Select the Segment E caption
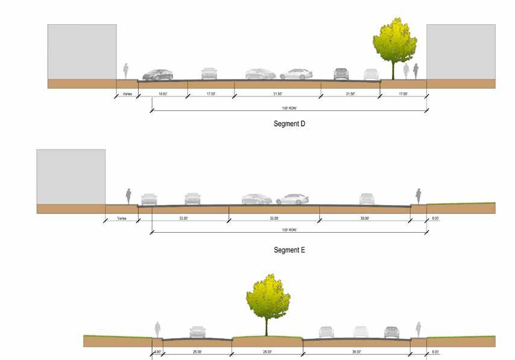click(289, 249)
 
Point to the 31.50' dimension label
click(277, 94)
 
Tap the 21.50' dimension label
click(350, 94)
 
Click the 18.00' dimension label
click(163, 94)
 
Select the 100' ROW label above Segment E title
click(289, 230)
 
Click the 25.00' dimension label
click(197, 352)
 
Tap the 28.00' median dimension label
click(267, 352)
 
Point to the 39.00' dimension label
click(356, 352)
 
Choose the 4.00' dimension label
click(157, 352)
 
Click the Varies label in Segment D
click(127, 94)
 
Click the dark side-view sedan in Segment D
click(157, 75)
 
